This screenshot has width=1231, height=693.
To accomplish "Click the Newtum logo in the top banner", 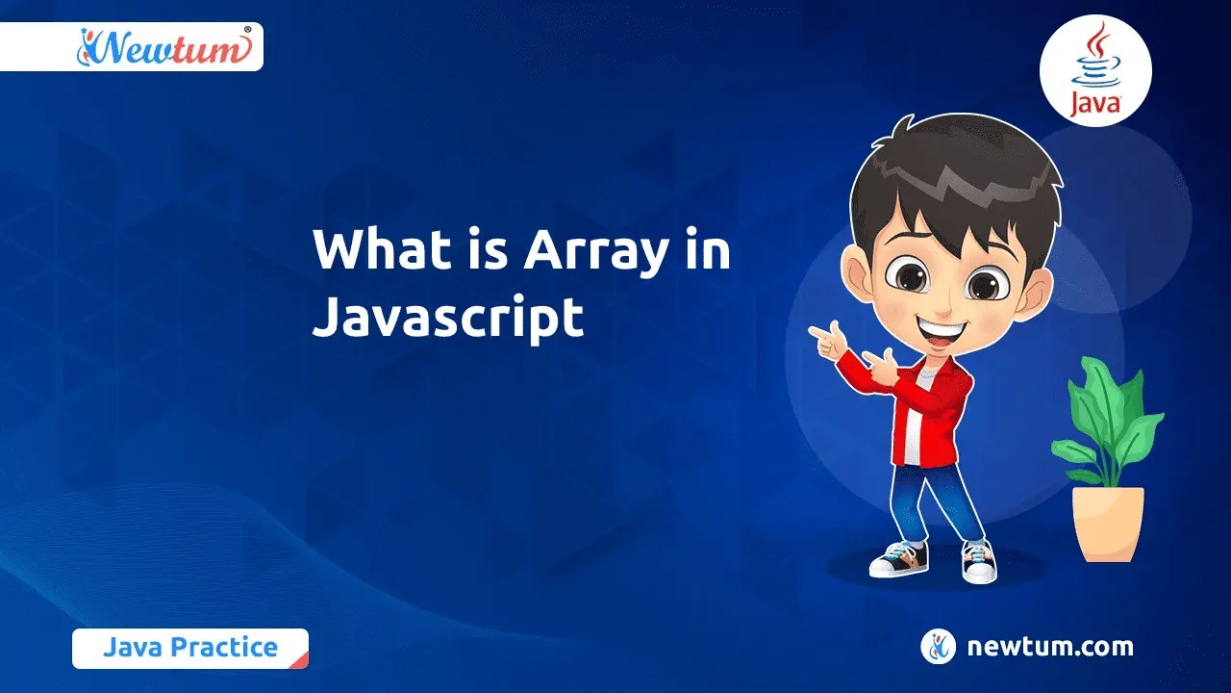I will tap(163, 46).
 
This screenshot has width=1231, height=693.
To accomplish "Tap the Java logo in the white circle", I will tap(1095, 72).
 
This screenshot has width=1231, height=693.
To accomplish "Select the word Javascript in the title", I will tap(448, 317).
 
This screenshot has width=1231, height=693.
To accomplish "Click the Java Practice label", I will tap(189, 648).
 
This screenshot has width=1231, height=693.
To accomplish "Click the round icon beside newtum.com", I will tap(938, 647).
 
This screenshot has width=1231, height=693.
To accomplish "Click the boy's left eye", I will tap(982, 284).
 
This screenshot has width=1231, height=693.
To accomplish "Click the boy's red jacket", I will tap(938, 404).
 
